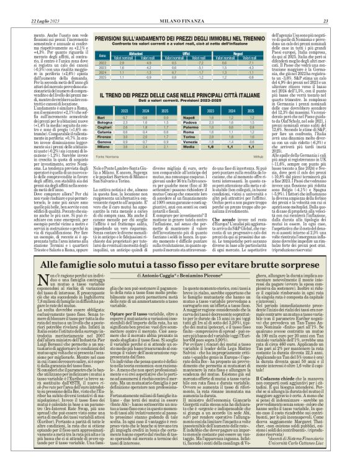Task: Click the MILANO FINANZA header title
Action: click(x=179, y=6)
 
